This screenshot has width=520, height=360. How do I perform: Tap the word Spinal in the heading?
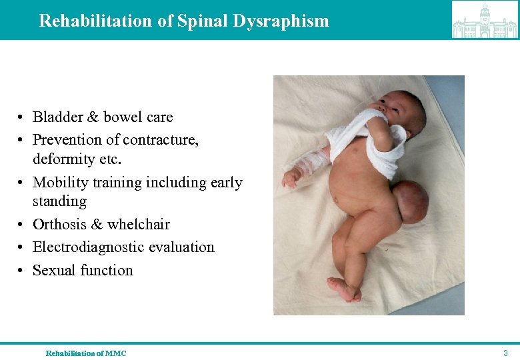pos(203,21)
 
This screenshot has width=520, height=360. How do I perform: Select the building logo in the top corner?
pos(485,20)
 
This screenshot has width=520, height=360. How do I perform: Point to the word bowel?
pos(122,117)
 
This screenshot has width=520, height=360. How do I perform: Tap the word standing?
pos(59,201)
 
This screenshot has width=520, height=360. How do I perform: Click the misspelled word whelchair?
pos(138,224)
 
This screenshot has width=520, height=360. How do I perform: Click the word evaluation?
pos(181,247)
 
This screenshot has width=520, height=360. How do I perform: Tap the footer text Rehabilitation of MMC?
pos(85,353)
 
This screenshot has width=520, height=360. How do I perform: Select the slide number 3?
pos(505,353)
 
